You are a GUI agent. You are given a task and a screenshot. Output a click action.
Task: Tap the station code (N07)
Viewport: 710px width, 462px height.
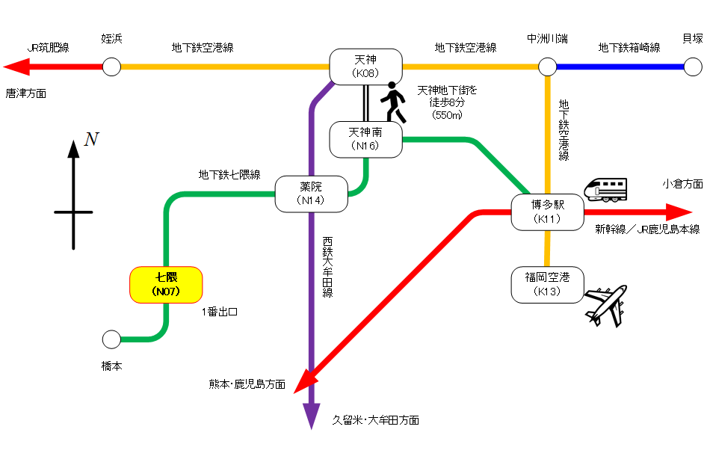(x=166, y=292)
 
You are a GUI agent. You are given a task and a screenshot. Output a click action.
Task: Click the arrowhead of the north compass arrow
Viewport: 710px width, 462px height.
(x=73, y=147)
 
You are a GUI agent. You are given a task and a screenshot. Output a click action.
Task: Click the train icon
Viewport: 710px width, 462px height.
(x=605, y=189)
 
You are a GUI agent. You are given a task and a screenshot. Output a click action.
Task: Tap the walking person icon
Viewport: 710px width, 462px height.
(x=394, y=103)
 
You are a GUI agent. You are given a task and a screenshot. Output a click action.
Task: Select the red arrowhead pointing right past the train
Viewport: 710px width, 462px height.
(x=679, y=212)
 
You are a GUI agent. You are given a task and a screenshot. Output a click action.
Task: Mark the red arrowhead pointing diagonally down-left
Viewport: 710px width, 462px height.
(x=303, y=384)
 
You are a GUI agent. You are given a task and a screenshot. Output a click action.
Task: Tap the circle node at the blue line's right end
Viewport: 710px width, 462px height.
(x=694, y=67)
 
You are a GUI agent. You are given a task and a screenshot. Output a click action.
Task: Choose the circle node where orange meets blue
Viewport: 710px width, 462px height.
(x=547, y=67)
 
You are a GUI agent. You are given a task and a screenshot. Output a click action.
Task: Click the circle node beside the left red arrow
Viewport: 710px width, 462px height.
(x=111, y=67)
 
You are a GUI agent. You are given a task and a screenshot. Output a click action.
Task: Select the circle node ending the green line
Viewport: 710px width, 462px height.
(x=111, y=339)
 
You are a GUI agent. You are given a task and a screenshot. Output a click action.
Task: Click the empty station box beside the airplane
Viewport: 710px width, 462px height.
(x=547, y=285)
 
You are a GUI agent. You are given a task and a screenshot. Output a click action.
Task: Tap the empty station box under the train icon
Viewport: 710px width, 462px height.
(x=547, y=212)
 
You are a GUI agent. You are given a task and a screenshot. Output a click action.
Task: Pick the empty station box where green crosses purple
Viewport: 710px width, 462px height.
(x=311, y=194)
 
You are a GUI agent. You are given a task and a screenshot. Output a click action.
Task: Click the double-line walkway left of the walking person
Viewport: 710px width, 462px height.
(x=366, y=102)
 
